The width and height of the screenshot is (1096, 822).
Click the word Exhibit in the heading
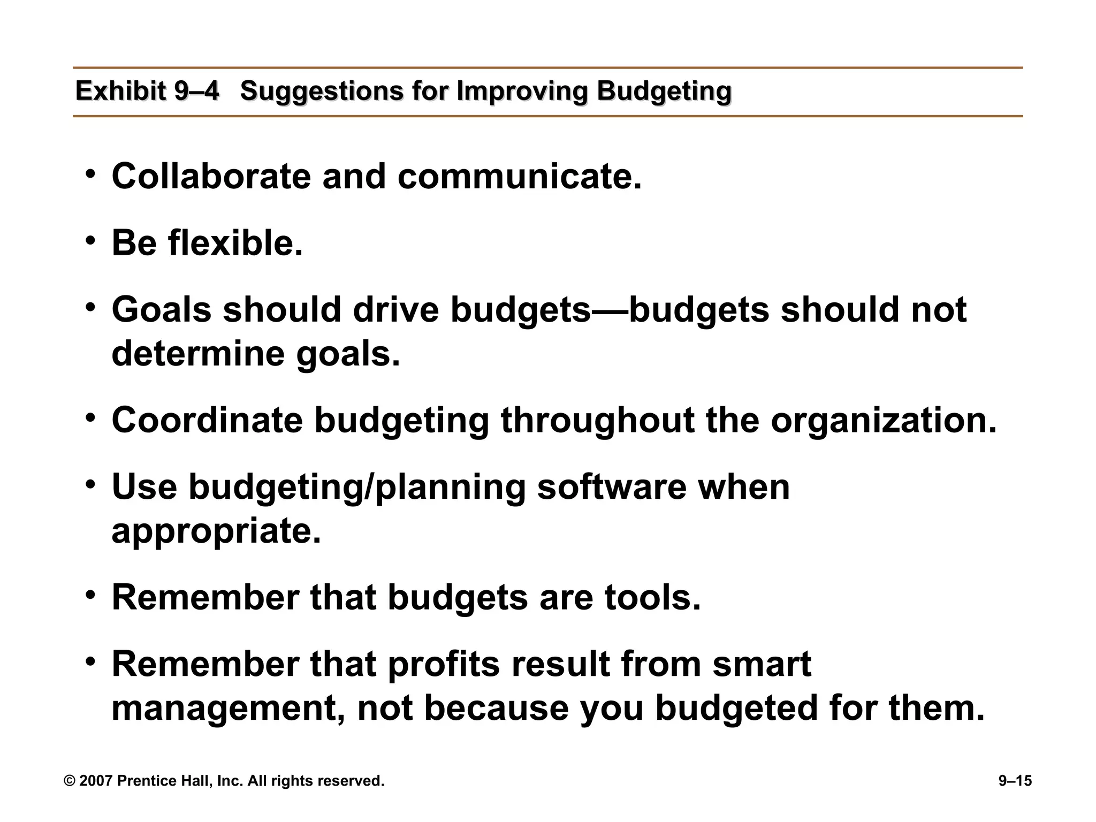[x=120, y=91]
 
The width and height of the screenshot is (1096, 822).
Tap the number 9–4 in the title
[x=196, y=91]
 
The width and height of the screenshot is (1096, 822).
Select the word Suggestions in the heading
[x=321, y=91]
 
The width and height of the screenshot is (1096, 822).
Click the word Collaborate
[x=211, y=176]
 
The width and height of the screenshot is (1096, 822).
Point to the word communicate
[x=519, y=176]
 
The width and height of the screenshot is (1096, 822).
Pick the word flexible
[x=235, y=243]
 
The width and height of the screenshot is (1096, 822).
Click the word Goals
[x=162, y=310]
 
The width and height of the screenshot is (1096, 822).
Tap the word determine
[x=198, y=354]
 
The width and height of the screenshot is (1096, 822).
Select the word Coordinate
[x=207, y=420]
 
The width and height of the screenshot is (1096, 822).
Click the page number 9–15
[x=1015, y=781]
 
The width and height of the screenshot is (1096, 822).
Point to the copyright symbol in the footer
[x=70, y=781]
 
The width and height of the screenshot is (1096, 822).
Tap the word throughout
[x=597, y=420]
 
